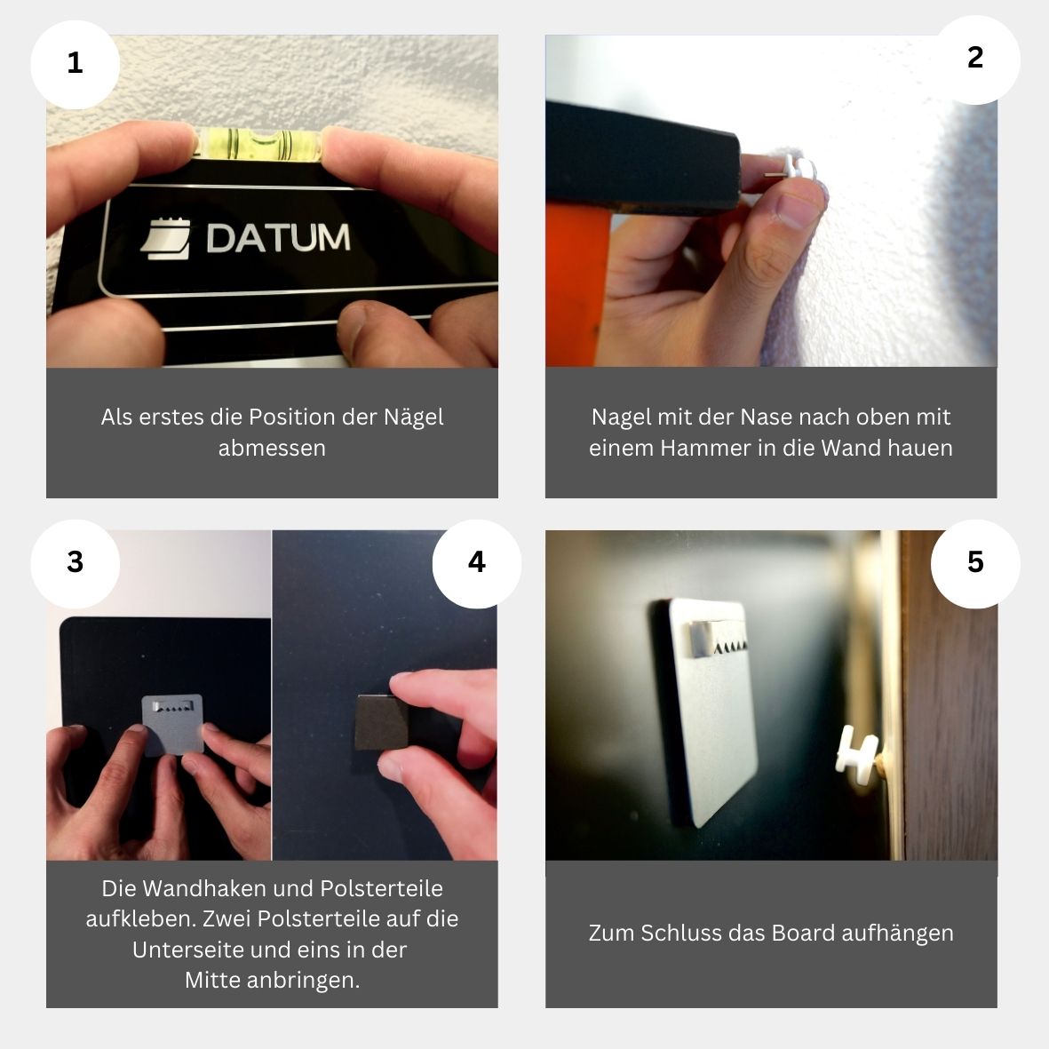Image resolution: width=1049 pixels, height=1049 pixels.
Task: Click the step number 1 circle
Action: point(75,64)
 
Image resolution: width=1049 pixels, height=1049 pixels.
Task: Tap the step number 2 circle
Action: point(975,60)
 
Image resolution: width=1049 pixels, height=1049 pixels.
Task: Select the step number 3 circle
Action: point(75,563)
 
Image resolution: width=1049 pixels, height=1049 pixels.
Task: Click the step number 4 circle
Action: point(477,563)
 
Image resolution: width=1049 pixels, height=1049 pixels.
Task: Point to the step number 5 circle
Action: point(975,563)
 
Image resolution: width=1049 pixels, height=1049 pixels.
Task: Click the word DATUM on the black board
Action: point(278,237)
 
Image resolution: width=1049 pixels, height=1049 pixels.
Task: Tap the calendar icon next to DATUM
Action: point(165,239)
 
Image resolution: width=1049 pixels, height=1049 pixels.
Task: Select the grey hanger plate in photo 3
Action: point(172,725)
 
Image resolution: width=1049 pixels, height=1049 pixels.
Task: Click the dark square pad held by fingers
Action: point(381,722)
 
